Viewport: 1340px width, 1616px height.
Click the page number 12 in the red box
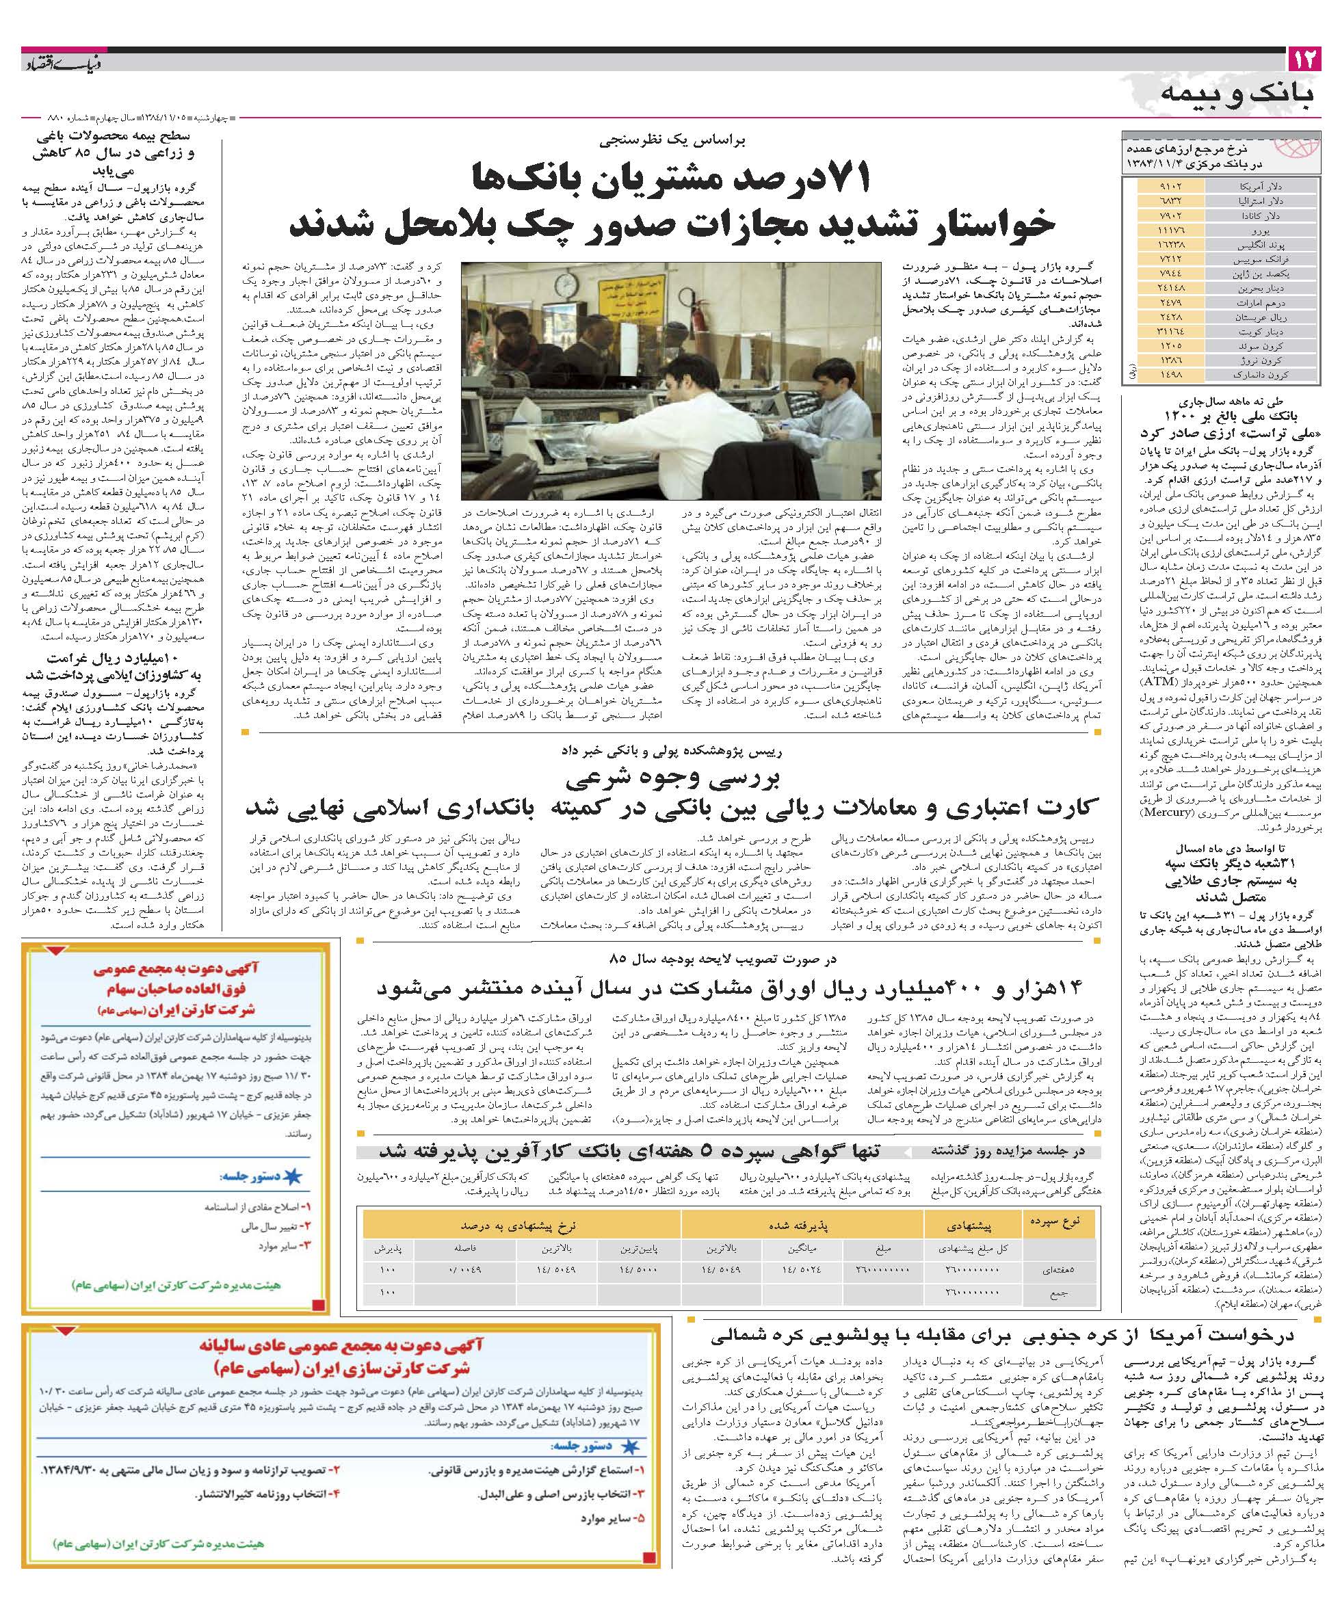[x=1304, y=59]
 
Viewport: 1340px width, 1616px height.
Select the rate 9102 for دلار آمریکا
[x=1169, y=187]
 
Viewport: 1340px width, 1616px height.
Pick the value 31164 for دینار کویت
[x=1169, y=332]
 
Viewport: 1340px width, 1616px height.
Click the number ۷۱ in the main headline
[x=844, y=178]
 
